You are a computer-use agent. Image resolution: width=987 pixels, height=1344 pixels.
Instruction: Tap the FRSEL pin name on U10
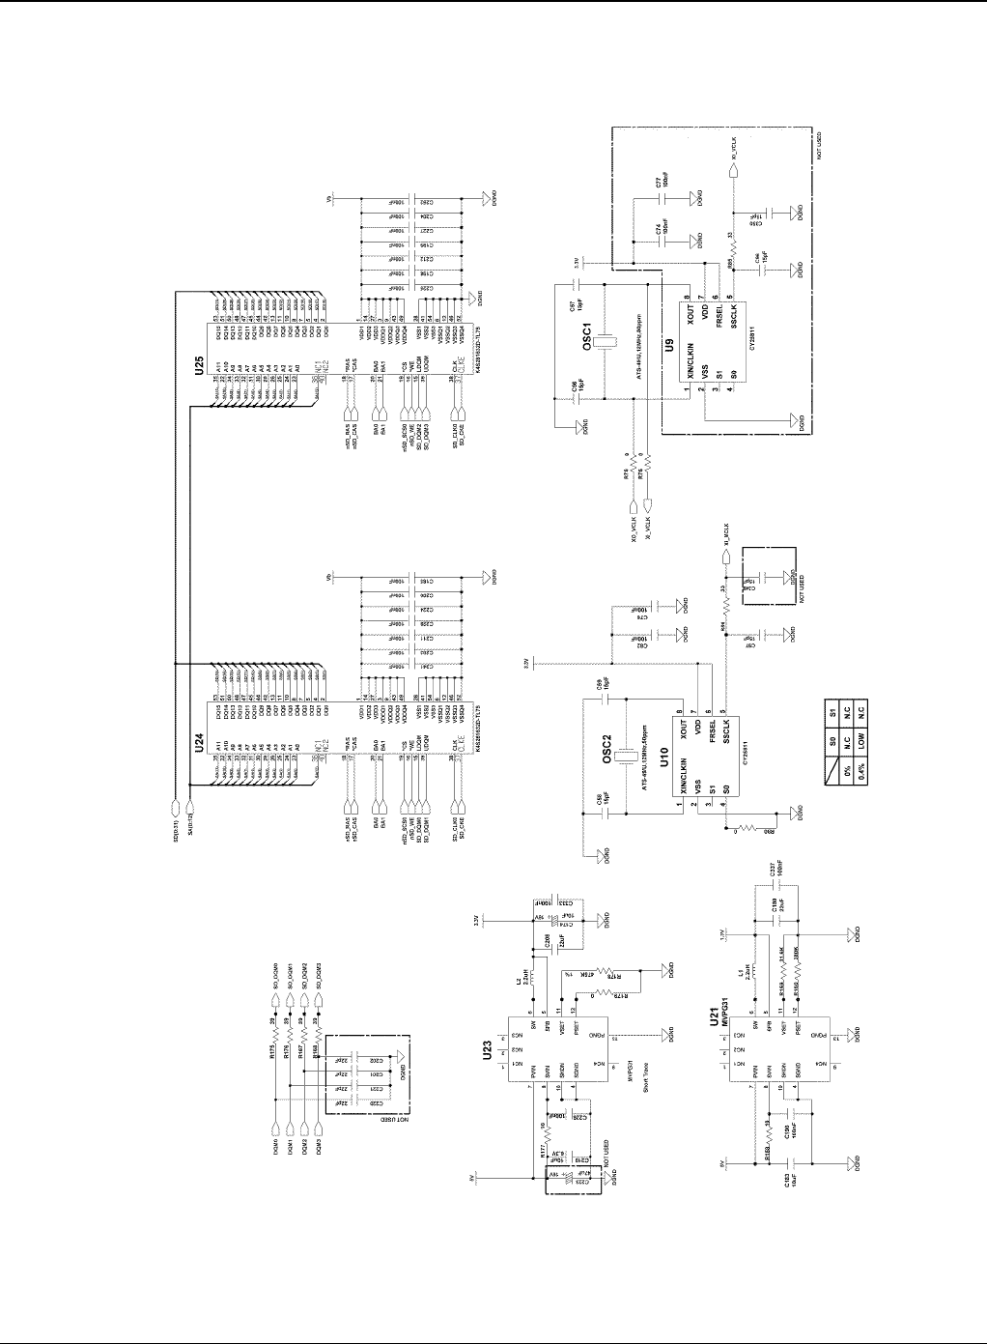click(x=711, y=727)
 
